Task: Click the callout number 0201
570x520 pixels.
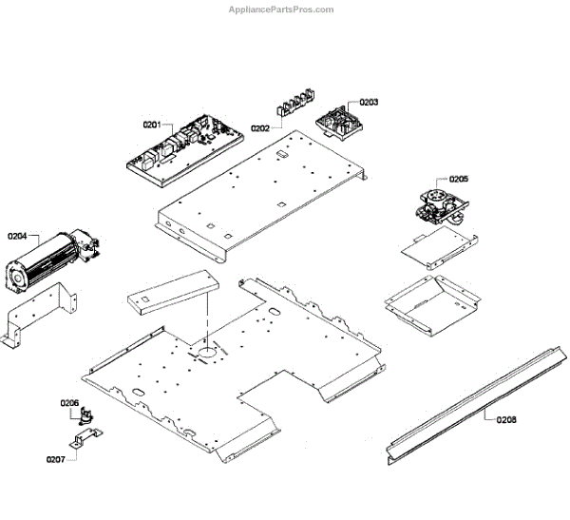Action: [x=152, y=125]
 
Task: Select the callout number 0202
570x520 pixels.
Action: [x=260, y=128]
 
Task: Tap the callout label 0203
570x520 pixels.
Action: [x=369, y=102]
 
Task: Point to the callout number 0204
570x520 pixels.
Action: [x=17, y=235]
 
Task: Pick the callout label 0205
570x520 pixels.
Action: [x=459, y=179]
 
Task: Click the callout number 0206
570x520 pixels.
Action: [x=70, y=403]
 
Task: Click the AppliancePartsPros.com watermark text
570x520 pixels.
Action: [x=281, y=10]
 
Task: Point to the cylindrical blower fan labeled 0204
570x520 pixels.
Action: [x=49, y=259]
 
